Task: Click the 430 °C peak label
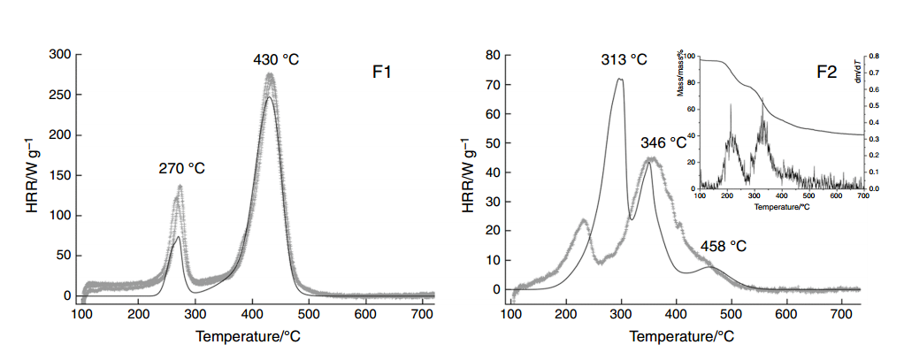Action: click(x=276, y=60)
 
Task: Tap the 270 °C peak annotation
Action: click(x=181, y=168)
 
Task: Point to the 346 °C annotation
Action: click(x=663, y=142)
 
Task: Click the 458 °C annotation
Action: click(x=724, y=246)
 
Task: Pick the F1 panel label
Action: click(x=382, y=73)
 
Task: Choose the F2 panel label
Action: click(x=825, y=73)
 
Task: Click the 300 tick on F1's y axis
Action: click(x=60, y=55)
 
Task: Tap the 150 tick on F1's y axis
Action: click(x=60, y=175)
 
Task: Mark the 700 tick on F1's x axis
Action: click(x=421, y=313)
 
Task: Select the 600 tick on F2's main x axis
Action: click(x=785, y=313)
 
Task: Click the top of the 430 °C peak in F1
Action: click(x=270, y=76)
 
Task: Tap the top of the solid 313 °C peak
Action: click(x=619, y=80)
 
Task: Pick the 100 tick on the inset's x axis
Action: click(x=700, y=196)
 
